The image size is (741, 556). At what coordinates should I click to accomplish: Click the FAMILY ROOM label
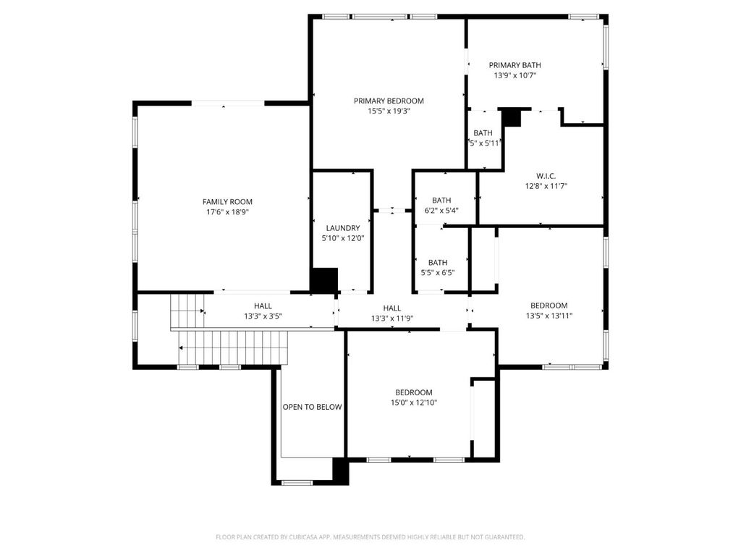click(x=227, y=202)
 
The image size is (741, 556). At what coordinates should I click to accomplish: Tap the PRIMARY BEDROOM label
click(x=389, y=101)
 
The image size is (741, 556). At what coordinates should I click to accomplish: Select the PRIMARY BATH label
click(x=515, y=65)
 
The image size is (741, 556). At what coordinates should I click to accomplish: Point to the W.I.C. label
click(x=546, y=176)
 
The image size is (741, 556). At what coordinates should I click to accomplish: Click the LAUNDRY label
click(x=343, y=228)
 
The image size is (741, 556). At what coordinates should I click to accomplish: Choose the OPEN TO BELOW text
click(x=313, y=407)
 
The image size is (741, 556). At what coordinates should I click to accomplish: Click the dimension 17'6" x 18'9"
click(x=227, y=212)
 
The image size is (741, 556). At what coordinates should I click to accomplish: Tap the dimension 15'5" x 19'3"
click(x=389, y=111)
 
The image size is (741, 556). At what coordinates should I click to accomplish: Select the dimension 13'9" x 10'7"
click(x=515, y=75)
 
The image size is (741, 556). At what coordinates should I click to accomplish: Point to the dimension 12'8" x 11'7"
click(x=546, y=186)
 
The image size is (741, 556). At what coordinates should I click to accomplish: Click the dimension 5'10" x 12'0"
click(x=343, y=238)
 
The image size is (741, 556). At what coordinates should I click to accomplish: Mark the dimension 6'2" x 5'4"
click(x=441, y=211)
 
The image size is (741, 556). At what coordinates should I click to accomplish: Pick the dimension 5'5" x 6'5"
click(x=438, y=273)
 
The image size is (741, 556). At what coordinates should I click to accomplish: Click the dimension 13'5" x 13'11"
click(x=549, y=316)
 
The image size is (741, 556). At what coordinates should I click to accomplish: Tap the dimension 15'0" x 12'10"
click(x=414, y=403)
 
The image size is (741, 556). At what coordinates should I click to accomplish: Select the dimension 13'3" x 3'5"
click(x=263, y=316)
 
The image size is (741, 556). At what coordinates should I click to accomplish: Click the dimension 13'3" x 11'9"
click(x=392, y=319)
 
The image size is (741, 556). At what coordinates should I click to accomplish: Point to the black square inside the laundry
click(x=324, y=280)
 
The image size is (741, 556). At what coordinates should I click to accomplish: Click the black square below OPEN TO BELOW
click(x=341, y=471)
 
